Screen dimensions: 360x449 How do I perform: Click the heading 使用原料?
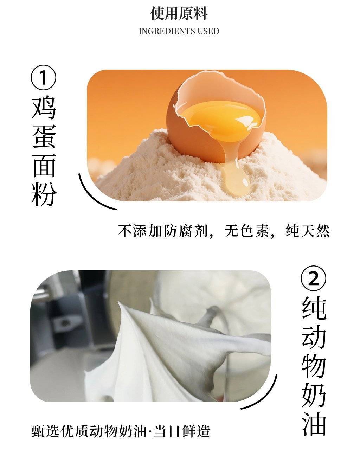(179, 13)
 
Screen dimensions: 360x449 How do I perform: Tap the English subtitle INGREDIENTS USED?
(179, 31)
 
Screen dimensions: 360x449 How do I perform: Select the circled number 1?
(44, 77)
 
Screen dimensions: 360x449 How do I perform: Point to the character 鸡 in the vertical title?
(44, 108)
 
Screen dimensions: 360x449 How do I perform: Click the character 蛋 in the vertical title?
(44, 137)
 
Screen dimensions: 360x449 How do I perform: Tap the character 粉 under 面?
(44, 194)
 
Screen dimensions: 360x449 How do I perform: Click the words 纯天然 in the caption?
(307, 231)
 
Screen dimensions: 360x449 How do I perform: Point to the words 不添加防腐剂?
(163, 231)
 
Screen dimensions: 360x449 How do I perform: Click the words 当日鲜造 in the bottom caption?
(181, 430)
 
